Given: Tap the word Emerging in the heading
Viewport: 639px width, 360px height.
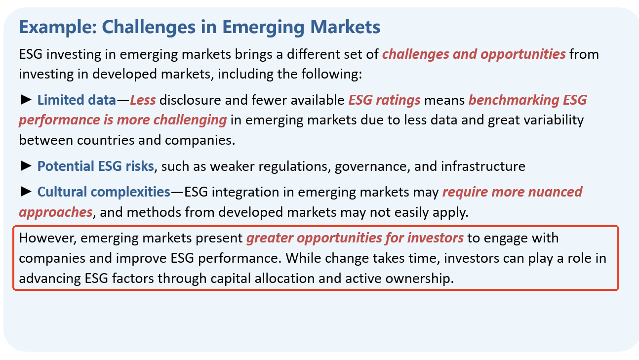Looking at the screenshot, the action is pos(263,28).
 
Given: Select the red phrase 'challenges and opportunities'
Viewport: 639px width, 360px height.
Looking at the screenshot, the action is pos(474,54).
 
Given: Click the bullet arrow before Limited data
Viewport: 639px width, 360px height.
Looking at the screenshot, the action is pos(26,100).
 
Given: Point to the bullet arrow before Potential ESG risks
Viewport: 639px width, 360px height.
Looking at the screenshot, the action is pos(26,166).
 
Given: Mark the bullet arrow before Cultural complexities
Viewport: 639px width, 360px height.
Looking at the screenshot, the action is pos(26,192).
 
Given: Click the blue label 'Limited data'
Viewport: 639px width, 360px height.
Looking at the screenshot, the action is pos(77,100).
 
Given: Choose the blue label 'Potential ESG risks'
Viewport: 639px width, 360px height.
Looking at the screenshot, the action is pos(96,166).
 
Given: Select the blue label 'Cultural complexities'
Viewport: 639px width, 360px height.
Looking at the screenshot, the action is pos(104,192).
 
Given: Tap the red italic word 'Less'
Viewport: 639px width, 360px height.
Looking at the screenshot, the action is pos(143,100).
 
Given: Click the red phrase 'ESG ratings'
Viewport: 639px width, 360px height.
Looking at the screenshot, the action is pos(384,100).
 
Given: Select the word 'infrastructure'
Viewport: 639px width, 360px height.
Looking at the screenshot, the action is pos(483,166).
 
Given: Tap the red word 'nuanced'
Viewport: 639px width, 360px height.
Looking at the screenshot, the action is pos(555,192).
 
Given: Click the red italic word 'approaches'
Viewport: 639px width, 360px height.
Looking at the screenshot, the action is pos(56,213).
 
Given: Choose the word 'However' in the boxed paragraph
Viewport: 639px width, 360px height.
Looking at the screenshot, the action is pos(47,238).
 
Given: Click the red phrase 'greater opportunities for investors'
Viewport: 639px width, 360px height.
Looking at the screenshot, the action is pos(355,238).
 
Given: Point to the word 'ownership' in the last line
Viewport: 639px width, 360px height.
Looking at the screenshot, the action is pos(419,279).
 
